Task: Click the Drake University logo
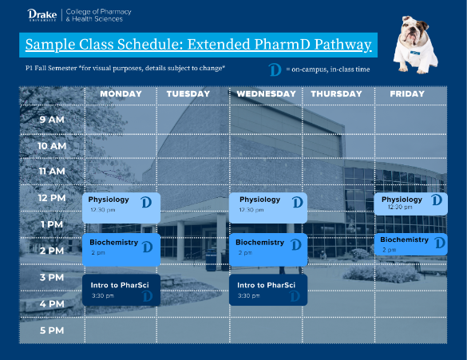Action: click(x=39, y=14)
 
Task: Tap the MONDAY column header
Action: click(x=121, y=94)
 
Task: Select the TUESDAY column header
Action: click(x=188, y=94)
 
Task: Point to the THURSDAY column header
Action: click(x=338, y=94)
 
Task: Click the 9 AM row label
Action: click(x=52, y=120)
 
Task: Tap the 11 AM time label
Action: click(x=52, y=172)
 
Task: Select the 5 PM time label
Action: click(x=52, y=330)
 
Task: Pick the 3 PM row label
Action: click(x=52, y=277)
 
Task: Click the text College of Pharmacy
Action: click(x=98, y=11)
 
